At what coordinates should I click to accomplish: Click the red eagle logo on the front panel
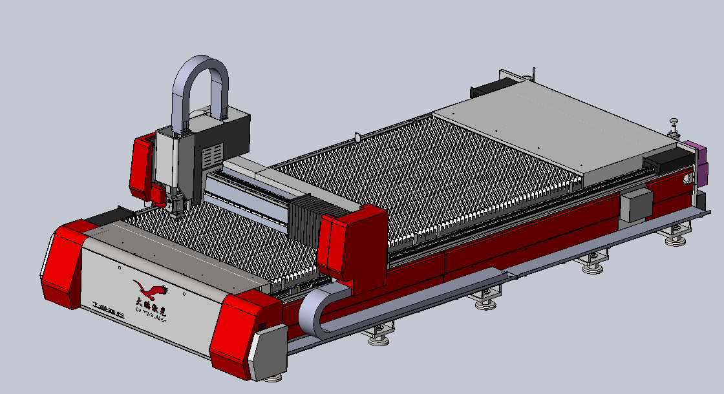pos(149,289)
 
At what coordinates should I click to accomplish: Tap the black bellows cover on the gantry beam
pos(304,220)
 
